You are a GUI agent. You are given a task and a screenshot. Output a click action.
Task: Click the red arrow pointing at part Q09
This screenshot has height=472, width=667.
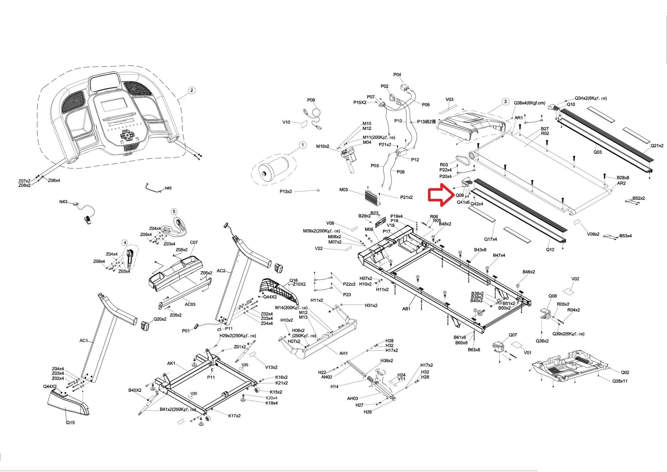tap(441, 195)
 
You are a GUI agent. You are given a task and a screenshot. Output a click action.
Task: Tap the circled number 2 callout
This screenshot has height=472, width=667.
tap(192, 90)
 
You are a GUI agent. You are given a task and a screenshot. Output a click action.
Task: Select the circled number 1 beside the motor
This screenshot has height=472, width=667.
tap(303, 145)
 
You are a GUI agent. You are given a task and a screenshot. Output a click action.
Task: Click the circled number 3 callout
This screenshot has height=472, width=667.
tap(505, 102)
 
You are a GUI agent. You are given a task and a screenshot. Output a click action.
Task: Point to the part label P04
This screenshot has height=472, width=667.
tap(397, 75)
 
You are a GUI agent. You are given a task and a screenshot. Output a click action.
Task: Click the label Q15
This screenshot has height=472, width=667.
tap(70, 423)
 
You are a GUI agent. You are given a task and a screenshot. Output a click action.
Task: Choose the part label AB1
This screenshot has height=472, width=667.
tap(406, 309)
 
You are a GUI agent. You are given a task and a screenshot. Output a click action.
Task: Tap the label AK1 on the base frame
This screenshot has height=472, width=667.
tap(171, 363)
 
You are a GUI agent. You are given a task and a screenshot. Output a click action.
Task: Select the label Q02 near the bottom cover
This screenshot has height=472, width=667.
tap(625, 372)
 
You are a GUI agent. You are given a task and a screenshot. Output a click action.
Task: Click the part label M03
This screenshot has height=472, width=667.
tap(344, 189)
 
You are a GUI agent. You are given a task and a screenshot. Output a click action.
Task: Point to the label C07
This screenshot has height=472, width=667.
tap(194, 243)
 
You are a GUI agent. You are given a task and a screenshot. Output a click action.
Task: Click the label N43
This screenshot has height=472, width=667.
tap(63, 202)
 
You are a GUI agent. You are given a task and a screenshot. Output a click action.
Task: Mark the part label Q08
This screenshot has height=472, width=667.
tap(552, 296)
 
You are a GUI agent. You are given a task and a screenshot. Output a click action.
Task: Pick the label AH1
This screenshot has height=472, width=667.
tap(344, 353)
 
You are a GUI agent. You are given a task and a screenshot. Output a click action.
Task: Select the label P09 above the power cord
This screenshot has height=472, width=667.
tap(311, 100)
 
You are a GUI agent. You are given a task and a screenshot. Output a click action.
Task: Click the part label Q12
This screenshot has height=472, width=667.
tap(550, 250)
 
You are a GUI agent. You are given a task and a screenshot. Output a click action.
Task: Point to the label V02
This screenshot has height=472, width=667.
tap(575, 279)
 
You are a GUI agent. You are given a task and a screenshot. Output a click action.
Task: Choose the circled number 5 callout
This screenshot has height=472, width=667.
tap(174, 212)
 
